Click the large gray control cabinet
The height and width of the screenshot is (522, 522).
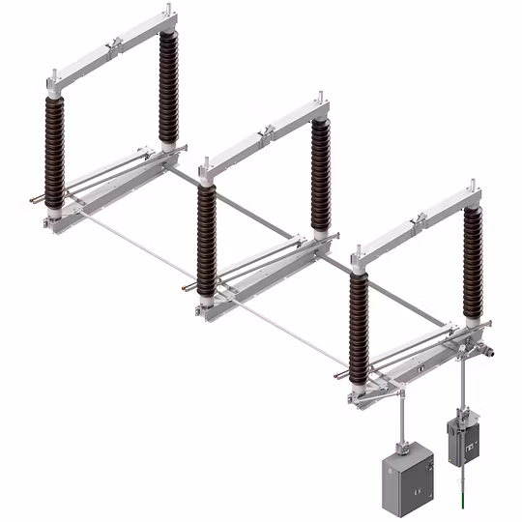coord(407,478)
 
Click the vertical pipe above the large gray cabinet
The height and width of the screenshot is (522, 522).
coord(399,416)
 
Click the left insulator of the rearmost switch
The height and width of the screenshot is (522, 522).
coord(54,145)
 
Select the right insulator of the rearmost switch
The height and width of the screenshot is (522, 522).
coord(169,87)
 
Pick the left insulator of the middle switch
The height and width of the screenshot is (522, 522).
coord(206,237)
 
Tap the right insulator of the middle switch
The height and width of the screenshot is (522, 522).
coord(320,174)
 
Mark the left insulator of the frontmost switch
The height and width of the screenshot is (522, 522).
coord(359,329)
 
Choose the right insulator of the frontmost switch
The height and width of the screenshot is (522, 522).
coord(472,261)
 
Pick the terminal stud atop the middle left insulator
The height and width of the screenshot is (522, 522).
coord(204,170)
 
